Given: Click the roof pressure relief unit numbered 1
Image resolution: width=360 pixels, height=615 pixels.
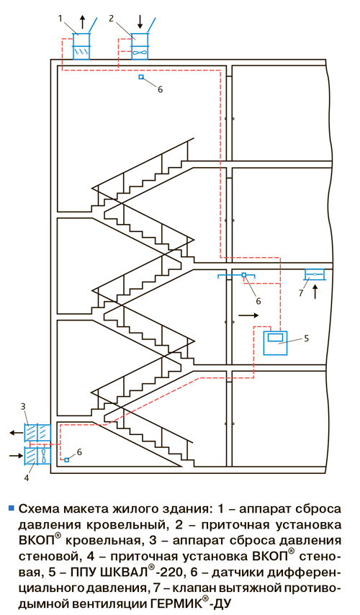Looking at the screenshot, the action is [81, 46].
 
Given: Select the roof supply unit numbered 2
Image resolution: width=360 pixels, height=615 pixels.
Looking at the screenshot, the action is [140, 46].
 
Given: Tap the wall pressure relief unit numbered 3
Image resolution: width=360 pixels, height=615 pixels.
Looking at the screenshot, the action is [37, 434].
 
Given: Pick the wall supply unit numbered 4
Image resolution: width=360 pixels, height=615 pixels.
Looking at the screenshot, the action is [37, 456].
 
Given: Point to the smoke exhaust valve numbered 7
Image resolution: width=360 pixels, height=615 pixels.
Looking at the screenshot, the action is [315, 274].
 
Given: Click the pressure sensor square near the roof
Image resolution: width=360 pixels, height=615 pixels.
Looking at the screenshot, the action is [141, 77].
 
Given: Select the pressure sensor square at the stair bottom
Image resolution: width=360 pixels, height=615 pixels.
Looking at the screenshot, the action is [67, 459].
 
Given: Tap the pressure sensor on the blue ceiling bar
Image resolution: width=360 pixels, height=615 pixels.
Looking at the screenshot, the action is [243, 275].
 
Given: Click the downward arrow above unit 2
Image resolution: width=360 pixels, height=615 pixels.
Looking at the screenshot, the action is [140, 22].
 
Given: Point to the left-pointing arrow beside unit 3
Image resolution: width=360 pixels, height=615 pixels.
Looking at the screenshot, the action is [16, 433].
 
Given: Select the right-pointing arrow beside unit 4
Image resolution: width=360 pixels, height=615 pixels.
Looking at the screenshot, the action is [16, 455].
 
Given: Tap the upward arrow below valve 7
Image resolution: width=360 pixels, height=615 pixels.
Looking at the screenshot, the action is [315, 292].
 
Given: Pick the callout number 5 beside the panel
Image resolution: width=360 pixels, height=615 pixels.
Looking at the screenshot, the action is [306, 338].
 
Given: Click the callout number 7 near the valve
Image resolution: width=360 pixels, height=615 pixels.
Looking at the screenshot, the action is [301, 292].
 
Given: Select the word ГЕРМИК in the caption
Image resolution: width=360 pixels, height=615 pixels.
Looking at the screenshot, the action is [174, 603].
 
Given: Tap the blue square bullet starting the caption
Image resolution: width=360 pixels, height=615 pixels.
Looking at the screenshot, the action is [11, 508].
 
